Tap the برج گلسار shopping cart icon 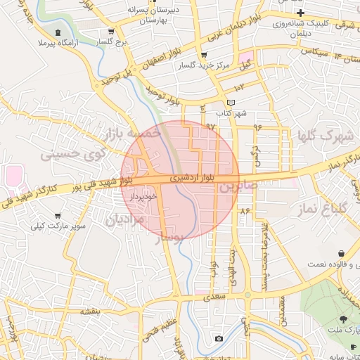click(x=112, y=32)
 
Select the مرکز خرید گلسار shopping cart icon click(x=204, y=54)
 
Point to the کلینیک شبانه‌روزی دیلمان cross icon click(x=300, y=13)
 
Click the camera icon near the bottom click(x=219, y=339)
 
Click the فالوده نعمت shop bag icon click(x=342, y=253)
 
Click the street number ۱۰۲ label click(x=240, y=86)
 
